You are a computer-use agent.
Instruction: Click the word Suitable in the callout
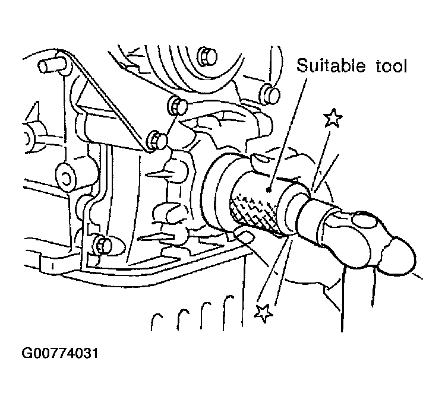[x=330, y=65]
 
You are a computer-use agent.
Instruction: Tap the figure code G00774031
[x=60, y=353]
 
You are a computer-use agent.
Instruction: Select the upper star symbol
[x=333, y=118]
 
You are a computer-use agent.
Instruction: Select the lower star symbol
[x=264, y=313]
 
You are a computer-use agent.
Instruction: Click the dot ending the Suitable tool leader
[x=269, y=191]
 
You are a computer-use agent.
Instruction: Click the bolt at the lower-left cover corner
[x=103, y=245]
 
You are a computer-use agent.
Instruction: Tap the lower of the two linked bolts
[x=157, y=140]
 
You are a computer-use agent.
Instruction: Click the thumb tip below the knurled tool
[x=245, y=236]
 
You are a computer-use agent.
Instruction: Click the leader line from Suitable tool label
[x=288, y=134]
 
